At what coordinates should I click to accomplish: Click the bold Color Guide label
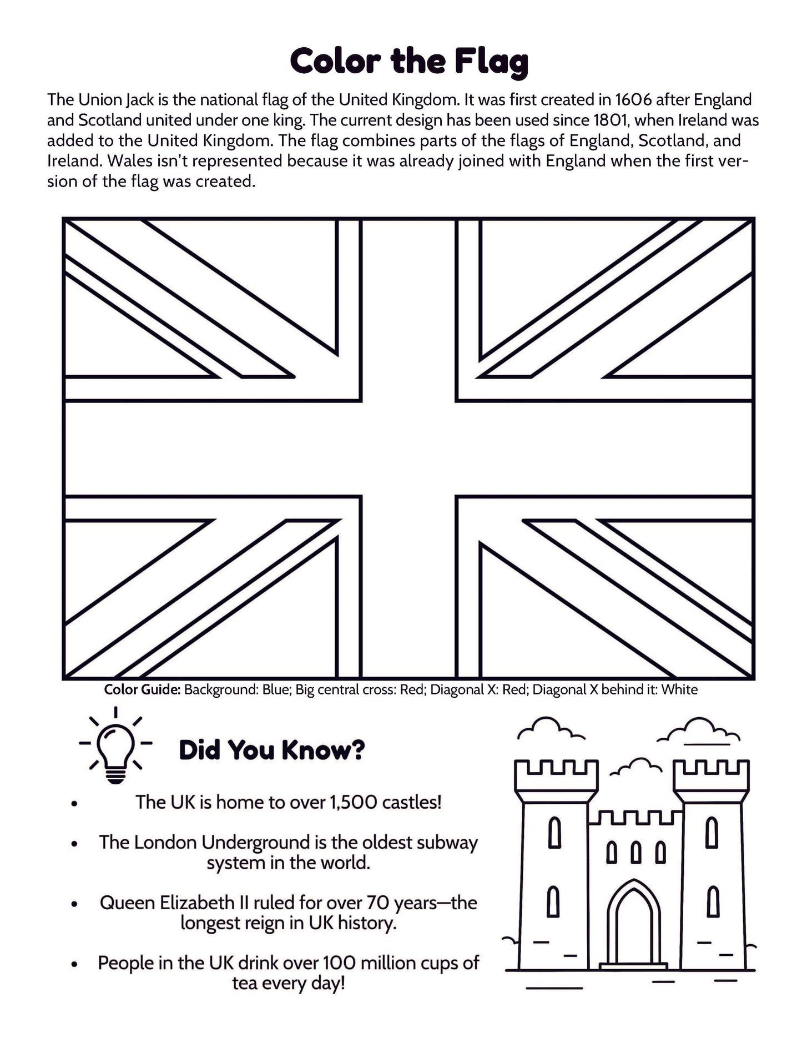(x=142, y=690)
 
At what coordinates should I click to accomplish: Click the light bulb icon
(x=115, y=745)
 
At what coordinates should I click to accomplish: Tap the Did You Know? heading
(x=271, y=750)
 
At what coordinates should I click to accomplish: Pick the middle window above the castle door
(x=635, y=852)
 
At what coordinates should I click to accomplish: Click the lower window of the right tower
(x=713, y=902)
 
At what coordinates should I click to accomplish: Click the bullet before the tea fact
(x=74, y=964)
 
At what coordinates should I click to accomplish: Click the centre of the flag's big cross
(x=408, y=448)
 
